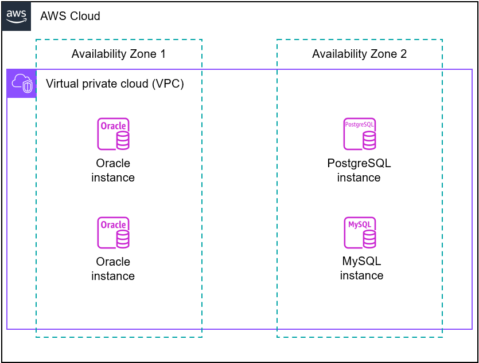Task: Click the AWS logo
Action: click(17, 16)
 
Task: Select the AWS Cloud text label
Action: click(70, 16)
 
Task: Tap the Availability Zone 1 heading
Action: click(118, 54)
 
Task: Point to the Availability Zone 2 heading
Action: click(359, 54)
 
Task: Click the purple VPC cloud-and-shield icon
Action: click(22, 84)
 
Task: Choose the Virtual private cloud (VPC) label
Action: click(115, 84)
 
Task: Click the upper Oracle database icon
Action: click(113, 134)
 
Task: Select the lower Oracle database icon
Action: click(113, 232)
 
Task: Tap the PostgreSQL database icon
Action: click(360, 134)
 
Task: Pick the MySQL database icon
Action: click(360, 232)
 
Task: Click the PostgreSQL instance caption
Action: click(359, 170)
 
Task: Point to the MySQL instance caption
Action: click(361, 269)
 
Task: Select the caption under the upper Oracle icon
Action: click(113, 170)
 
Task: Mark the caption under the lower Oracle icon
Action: click(113, 269)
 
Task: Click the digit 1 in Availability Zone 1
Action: click(162, 54)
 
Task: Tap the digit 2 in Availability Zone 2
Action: click(403, 54)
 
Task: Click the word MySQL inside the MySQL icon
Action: click(359, 224)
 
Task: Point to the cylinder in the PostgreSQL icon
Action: click(369, 139)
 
